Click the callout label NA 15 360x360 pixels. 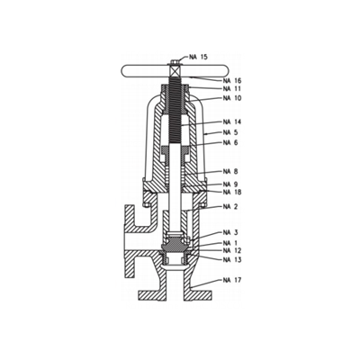[x=198, y=57]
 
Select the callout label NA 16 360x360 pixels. [x=232, y=81]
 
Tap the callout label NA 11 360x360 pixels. [x=232, y=89]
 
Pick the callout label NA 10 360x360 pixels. [x=232, y=98]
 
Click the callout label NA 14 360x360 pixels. [x=232, y=121]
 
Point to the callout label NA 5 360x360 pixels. [x=230, y=132]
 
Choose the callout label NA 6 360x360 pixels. [x=230, y=142]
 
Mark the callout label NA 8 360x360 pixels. [x=230, y=172]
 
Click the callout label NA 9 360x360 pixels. [x=230, y=184]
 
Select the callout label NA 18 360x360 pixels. [x=232, y=192]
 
